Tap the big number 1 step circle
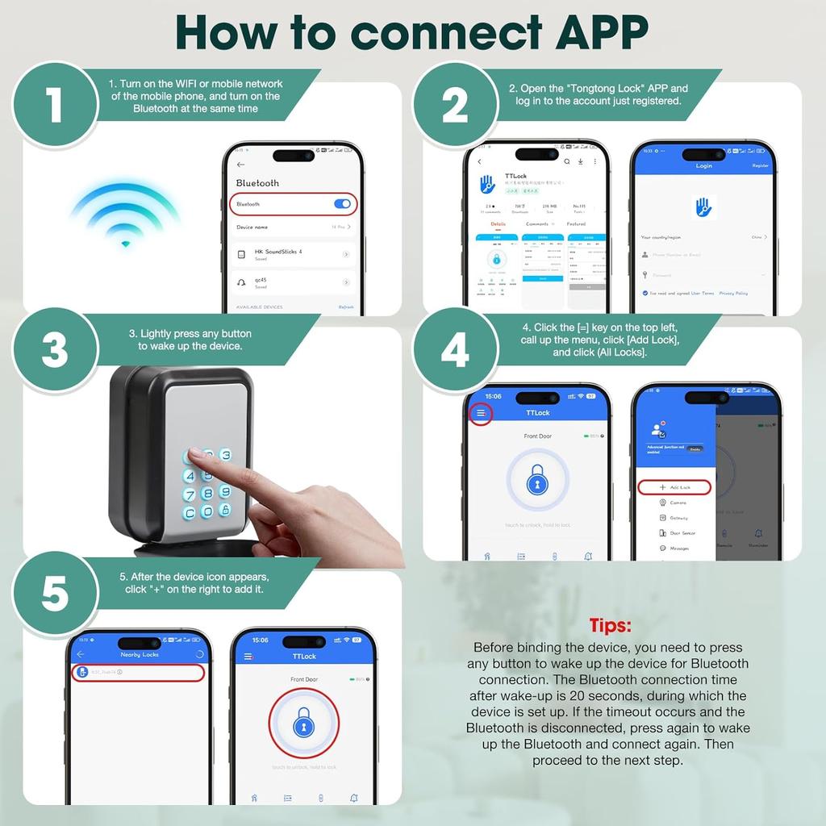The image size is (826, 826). point(53,105)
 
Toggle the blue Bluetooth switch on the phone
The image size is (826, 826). point(342,204)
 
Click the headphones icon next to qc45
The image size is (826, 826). point(241,283)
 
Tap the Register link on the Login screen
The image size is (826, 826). point(760,165)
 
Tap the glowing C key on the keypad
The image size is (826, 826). point(190,513)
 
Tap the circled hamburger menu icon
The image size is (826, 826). point(481,413)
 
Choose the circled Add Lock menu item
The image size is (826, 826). point(674,487)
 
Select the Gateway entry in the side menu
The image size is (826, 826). point(678,518)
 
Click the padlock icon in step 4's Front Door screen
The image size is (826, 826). point(537,482)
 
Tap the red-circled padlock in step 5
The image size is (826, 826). point(303,724)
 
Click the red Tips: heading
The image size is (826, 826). point(610,625)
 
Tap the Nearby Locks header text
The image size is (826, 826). point(140,654)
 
